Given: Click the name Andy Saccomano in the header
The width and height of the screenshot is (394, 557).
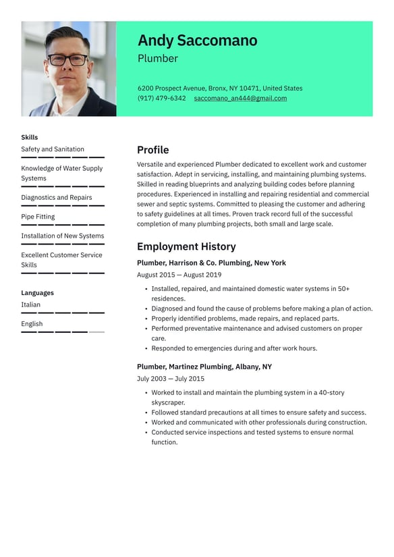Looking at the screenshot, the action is (197, 41).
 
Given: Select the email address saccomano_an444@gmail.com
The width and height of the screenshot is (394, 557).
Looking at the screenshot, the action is (240, 99).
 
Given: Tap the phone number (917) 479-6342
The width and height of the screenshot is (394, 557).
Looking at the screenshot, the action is (161, 99).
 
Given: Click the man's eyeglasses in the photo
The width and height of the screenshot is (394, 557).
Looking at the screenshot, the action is (67, 59).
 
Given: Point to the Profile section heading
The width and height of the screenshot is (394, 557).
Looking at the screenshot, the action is (152, 150).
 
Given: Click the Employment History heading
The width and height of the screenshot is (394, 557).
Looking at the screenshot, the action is (186, 246).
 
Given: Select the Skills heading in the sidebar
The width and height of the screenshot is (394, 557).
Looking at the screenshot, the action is (30, 137).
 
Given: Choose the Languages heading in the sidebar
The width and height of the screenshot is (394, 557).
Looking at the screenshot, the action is (37, 293).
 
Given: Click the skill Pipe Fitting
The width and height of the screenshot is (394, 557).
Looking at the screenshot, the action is (38, 217).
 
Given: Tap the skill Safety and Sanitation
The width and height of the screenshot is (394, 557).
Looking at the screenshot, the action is (53, 149).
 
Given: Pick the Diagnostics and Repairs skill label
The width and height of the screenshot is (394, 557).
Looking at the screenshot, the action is (57, 198).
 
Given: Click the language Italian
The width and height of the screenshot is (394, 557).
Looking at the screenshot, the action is (30, 304).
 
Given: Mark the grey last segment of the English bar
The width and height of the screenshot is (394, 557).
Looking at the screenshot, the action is (96, 332).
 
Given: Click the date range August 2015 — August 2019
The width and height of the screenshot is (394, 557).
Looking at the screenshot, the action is (179, 275).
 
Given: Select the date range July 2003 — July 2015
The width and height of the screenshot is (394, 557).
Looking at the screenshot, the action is (171, 379).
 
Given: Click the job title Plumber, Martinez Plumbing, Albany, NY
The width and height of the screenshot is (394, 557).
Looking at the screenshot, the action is (204, 367).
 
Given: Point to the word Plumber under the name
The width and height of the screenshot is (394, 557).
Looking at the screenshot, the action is (158, 59).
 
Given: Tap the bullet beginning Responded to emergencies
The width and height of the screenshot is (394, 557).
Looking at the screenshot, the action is (233, 348).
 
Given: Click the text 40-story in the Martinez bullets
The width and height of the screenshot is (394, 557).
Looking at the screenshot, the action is (332, 392).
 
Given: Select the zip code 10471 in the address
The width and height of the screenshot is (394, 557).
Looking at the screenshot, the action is (249, 88).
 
